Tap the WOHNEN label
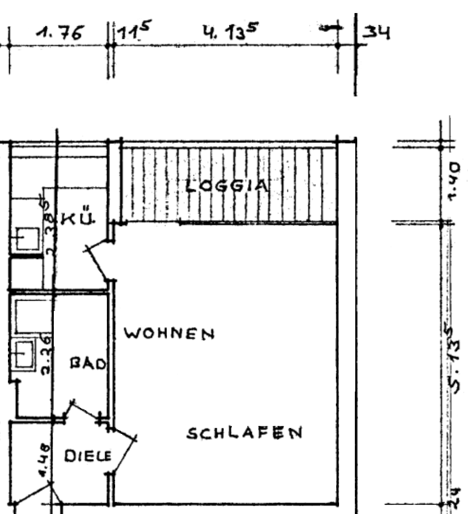(170, 334)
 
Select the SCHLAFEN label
(244, 433)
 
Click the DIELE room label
(88, 456)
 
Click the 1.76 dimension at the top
(59, 34)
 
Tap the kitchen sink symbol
(27, 239)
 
